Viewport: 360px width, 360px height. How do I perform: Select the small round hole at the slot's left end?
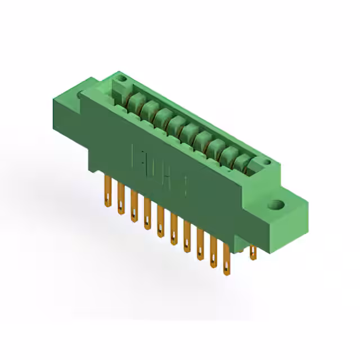(x=119, y=85)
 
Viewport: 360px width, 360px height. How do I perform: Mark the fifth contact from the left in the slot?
(x=189, y=130)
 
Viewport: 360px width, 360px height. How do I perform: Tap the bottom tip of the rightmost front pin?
(x=227, y=274)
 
